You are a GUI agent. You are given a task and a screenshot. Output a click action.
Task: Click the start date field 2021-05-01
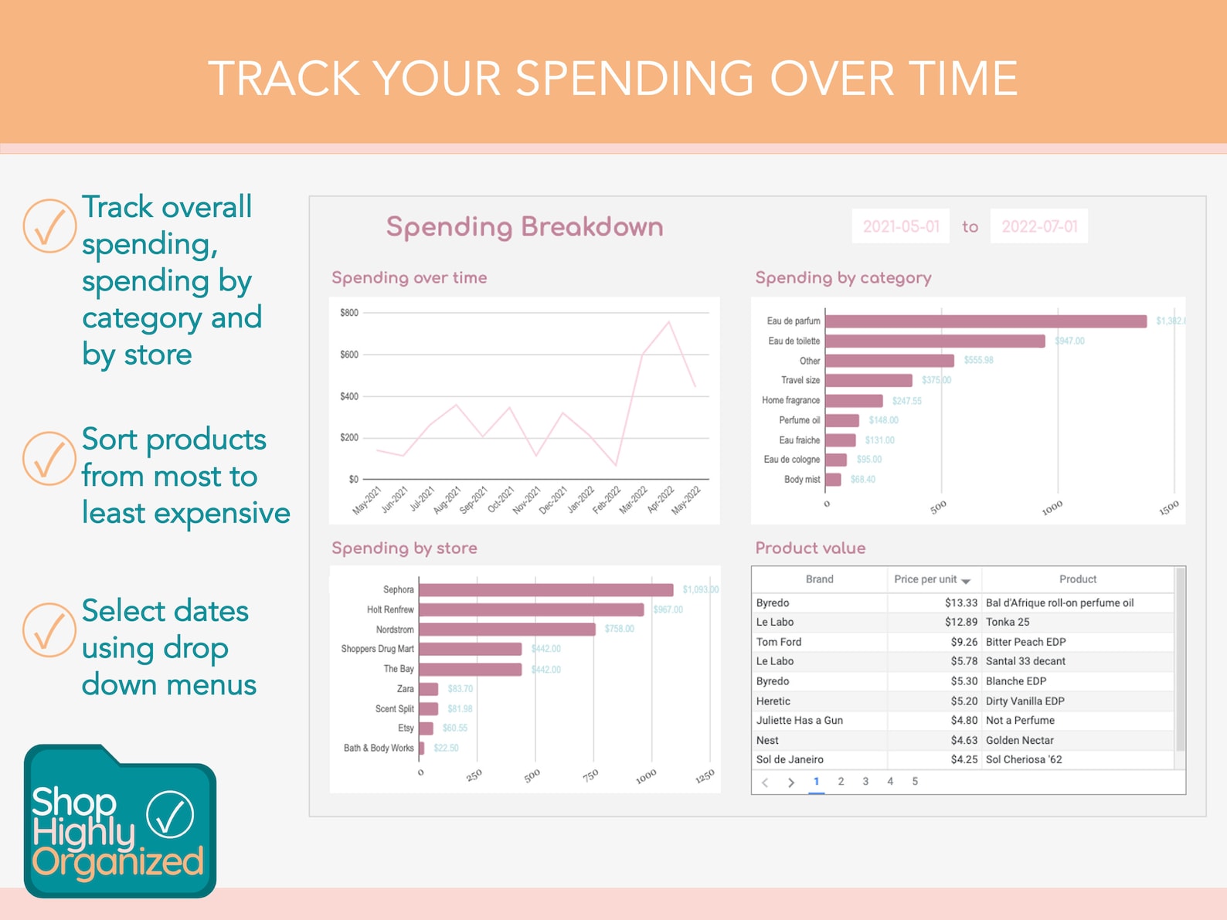[x=900, y=226]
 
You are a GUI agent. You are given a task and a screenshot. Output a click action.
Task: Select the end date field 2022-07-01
[x=1038, y=226]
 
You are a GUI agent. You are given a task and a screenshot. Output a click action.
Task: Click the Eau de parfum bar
[x=985, y=321]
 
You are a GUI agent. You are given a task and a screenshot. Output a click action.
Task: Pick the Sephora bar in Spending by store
[x=546, y=590]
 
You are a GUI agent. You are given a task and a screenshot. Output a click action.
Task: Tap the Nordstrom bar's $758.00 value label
[x=619, y=629]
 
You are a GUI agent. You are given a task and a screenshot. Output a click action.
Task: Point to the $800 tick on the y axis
[x=348, y=313]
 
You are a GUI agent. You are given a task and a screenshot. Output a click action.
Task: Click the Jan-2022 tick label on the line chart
[x=581, y=499]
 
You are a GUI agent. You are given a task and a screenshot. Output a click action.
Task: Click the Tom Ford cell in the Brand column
[x=779, y=642]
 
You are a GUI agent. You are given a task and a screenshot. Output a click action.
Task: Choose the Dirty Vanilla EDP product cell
[x=1025, y=701]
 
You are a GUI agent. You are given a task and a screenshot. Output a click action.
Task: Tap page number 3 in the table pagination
[x=865, y=782]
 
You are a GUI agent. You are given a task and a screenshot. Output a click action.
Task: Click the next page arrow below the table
[x=790, y=783]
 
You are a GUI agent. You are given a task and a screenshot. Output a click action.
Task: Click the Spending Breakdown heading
[x=525, y=227]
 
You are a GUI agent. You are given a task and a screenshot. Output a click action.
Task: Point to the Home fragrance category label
[x=790, y=400]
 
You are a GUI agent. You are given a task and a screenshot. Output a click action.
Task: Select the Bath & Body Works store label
[x=379, y=748]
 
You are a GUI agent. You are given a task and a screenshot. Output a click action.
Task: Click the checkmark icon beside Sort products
[x=49, y=458]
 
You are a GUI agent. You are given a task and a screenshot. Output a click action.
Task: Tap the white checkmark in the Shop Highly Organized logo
[x=170, y=814]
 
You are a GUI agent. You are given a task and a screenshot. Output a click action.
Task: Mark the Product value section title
[x=810, y=548]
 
